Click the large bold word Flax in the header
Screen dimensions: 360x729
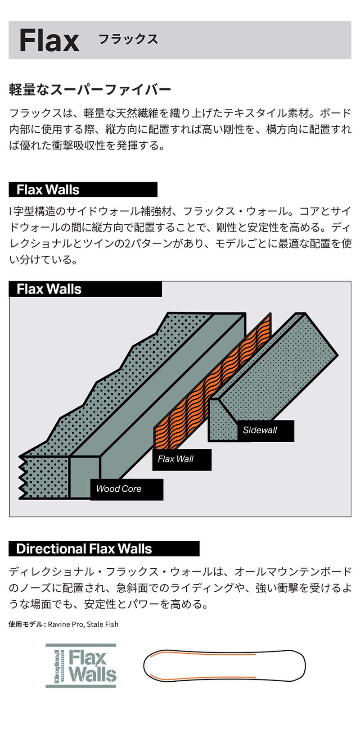click(49, 41)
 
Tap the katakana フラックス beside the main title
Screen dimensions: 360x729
click(128, 39)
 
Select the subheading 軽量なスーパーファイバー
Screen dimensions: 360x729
click(90, 90)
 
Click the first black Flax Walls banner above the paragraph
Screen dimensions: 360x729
click(83, 190)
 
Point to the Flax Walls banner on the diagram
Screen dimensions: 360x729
click(85, 289)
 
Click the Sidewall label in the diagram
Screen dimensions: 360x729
click(265, 430)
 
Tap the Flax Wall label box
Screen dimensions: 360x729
click(182, 459)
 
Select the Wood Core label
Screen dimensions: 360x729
click(127, 489)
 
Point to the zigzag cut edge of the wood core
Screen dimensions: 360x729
click(22, 477)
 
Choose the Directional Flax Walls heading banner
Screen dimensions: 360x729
click(104, 549)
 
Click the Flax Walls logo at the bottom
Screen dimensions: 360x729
click(81, 666)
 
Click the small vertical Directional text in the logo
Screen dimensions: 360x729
click(57, 666)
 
